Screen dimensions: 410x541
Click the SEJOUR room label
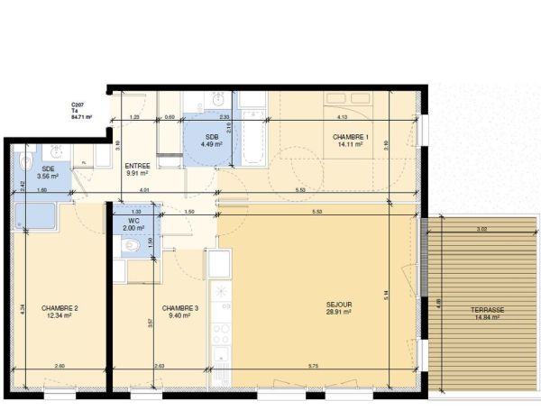coord(339,305)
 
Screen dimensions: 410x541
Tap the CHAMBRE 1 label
coord(350,136)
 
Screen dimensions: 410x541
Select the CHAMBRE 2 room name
coord(60,308)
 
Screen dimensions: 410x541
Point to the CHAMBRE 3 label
coord(180,308)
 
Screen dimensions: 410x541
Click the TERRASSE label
coord(488,309)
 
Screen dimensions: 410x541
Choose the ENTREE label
coord(137,165)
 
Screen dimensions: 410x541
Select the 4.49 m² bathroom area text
coord(198,143)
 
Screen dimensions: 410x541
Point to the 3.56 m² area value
coord(49,177)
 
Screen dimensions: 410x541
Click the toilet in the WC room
coord(133,244)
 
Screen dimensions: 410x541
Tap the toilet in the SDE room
coord(25,163)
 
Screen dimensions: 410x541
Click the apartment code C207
coord(78,105)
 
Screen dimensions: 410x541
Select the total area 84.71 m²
coord(82,116)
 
